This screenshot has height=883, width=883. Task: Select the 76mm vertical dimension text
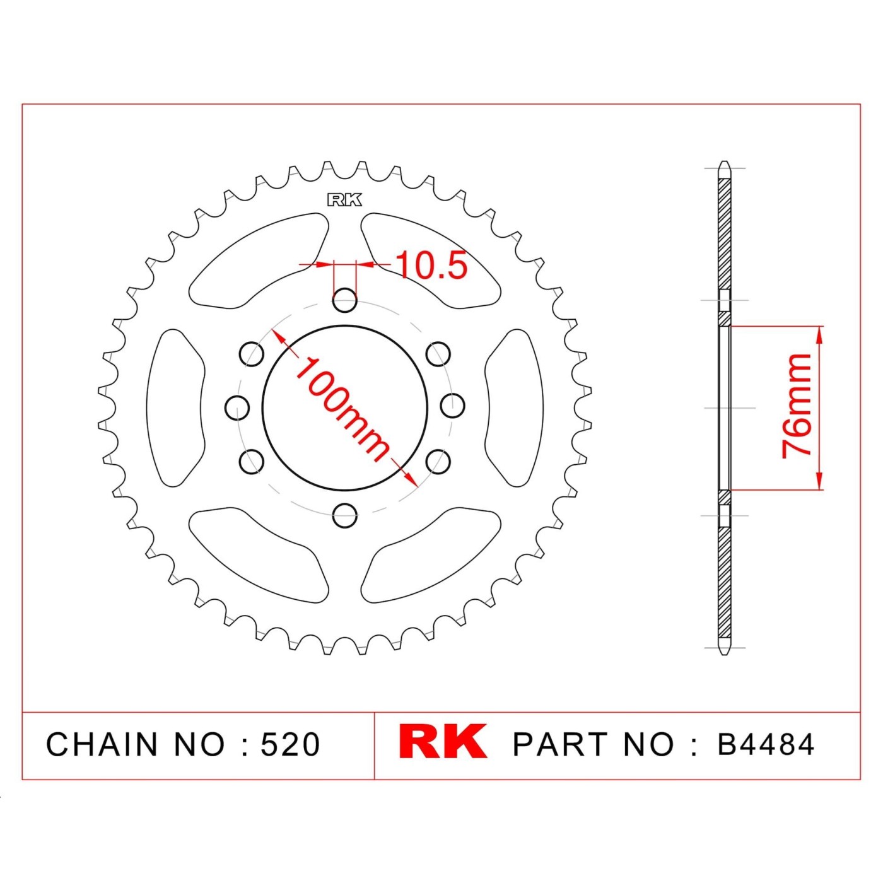coord(796,406)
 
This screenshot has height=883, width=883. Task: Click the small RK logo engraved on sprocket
coord(344,200)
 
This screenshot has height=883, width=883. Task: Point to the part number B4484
coord(765,744)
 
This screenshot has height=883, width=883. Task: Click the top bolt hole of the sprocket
coord(344,300)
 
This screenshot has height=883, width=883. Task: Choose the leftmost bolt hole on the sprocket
coord(238,406)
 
